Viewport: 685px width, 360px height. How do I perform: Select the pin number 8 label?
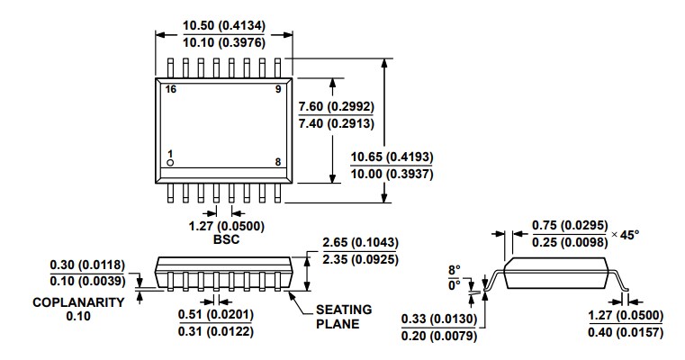click(x=278, y=162)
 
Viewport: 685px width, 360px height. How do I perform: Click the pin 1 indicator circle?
click(x=169, y=163)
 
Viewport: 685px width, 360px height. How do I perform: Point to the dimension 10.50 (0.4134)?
click(x=223, y=25)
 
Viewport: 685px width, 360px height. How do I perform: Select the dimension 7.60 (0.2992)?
click(x=336, y=107)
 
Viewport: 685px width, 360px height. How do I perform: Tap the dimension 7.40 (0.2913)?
click(x=336, y=124)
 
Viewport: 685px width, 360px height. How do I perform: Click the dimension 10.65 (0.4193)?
click(x=394, y=156)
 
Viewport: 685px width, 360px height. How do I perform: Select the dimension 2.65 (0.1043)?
click(x=360, y=244)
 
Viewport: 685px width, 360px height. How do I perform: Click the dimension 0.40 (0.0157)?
click(x=625, y=333)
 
